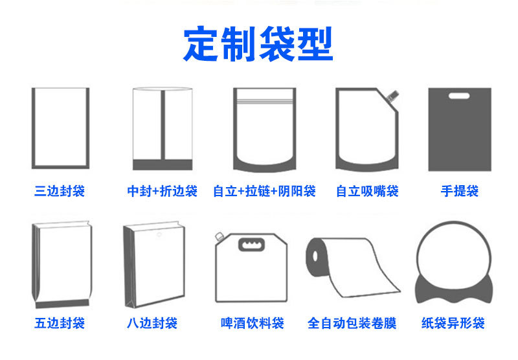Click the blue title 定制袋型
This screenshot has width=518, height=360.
(x=258, y=44)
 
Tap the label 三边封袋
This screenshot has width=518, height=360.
(x=60, y=191)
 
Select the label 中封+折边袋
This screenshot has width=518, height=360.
(x=162, y=191)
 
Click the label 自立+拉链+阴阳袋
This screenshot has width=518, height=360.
(x=264, y=191)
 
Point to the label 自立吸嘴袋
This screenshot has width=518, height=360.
(x=367, y=191)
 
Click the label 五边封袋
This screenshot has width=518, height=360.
(x=60, y=322)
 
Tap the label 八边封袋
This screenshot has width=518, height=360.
(x=152, y=322)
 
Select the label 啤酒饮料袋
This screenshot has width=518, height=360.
(x=253, y=322)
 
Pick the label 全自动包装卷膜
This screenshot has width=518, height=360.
(x=352, y=322)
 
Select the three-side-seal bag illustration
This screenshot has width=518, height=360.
(x=60, y=128)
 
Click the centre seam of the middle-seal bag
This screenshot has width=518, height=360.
(x=162, y=126)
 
